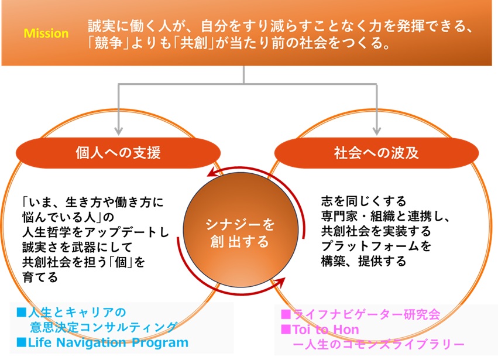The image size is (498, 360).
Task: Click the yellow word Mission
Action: [46, 33]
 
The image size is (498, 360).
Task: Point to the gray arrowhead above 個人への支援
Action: [119, 129]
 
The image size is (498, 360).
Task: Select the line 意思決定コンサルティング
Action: [103, 327]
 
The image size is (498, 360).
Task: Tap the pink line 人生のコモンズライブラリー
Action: [377, 344]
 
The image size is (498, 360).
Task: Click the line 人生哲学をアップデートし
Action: [95, 232]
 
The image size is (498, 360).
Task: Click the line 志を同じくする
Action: [363, 202]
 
